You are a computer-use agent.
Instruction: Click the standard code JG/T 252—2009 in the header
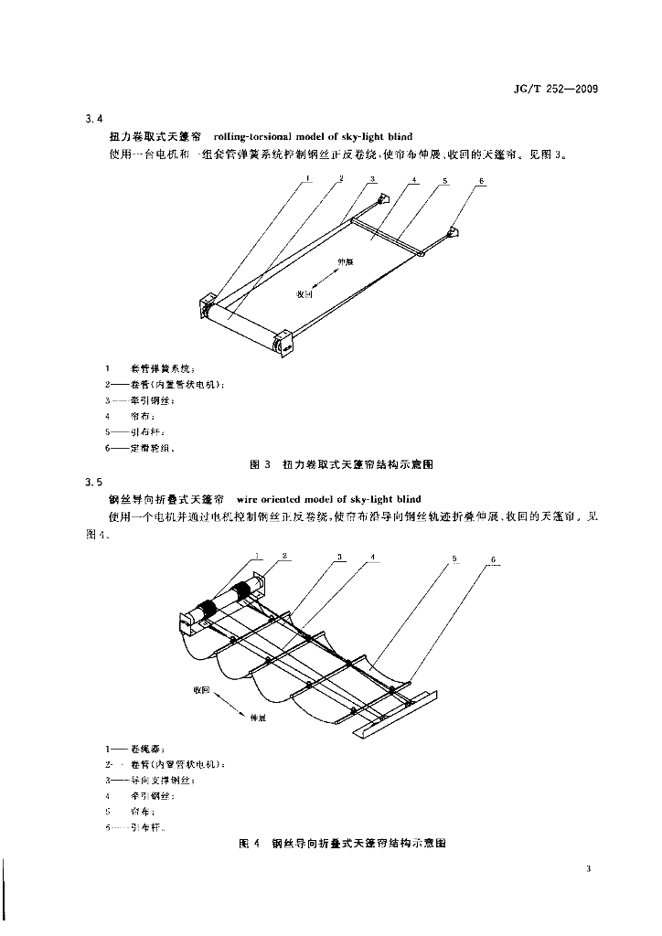point(556,90)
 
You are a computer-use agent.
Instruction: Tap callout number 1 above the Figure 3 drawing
point(309,179)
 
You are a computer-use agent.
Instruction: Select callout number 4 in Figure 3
point(413,180)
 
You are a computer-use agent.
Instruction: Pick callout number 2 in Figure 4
point(285,555)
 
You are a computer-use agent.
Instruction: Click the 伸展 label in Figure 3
point(344,261)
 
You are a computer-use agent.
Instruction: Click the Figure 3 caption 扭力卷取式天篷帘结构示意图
point(358,464)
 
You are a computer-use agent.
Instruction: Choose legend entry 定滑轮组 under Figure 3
point(151,448)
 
